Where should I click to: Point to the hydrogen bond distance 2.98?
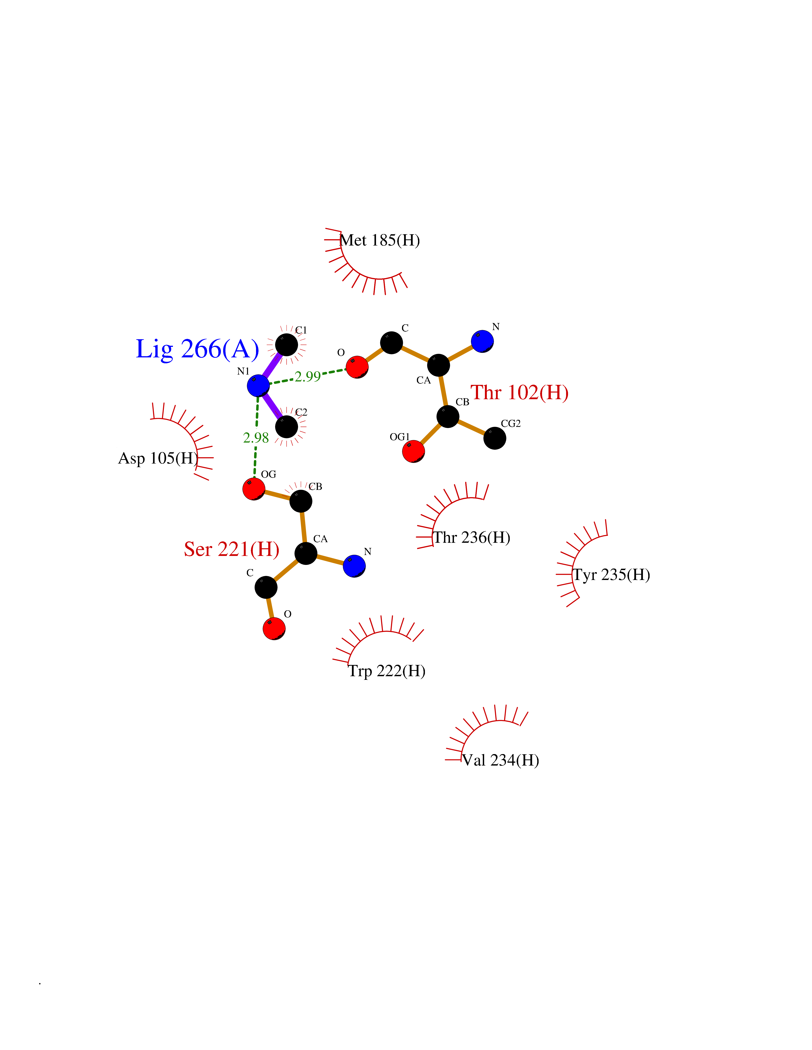(256, 438)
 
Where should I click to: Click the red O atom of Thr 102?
(357, 367)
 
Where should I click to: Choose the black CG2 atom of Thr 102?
(494, 438)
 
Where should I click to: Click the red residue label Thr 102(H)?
(519, 392)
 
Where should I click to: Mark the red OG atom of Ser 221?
(254, 489)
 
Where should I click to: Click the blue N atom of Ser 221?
(354, 566)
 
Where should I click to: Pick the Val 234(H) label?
(501, 760)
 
